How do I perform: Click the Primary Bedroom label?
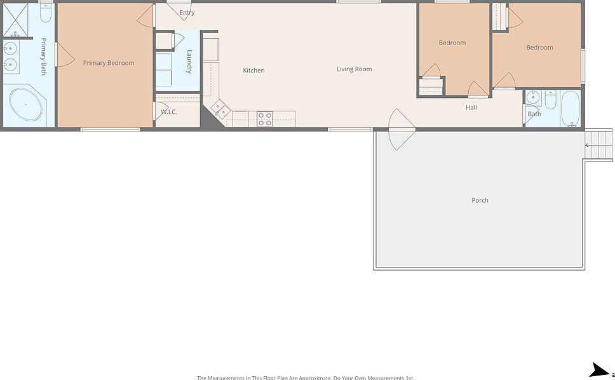(x=109, y=63)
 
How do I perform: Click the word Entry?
(x=187, y=13)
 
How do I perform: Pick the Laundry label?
(x=189, y=62)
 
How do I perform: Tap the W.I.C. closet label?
(x=168, y=112)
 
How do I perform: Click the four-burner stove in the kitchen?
(x=265, y=119)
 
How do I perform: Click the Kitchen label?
(x=253, y=71)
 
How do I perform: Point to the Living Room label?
(x=354, y=69)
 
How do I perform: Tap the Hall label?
(x=471, y=108)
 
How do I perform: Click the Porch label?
(x=480, y=200)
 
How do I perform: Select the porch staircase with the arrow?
(x=598, y=146)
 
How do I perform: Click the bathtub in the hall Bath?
(x=571, y=109)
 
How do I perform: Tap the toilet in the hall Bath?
(x=550, y=100)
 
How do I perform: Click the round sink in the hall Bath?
(x=532, y=98)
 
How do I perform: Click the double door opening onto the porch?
(x=402, y=130)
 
